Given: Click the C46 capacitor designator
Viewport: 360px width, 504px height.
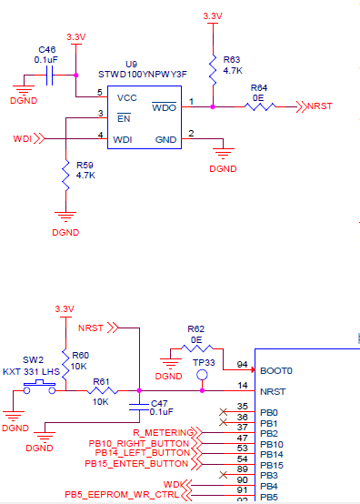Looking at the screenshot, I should click(47, 49).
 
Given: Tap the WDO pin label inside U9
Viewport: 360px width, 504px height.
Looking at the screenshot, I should click(164, 108).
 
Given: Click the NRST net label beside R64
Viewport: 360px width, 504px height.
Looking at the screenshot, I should click(320, 107).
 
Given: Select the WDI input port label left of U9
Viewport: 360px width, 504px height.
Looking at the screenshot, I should click(23, 139).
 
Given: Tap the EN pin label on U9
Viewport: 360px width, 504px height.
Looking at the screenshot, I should click(123, 117).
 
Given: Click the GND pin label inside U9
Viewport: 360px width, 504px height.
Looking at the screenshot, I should click(165, 140).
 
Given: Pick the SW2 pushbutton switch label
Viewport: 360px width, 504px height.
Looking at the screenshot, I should click(33, 359).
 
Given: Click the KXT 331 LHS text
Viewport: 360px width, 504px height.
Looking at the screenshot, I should click(33, 371).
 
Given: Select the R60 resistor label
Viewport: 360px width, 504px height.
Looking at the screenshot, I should click(81, 356).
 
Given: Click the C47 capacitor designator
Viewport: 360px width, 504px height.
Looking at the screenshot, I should click(159, 402).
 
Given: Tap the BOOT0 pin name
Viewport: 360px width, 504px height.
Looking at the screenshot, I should click(275, 371).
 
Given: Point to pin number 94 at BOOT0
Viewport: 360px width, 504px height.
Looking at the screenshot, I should click(242, 365).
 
